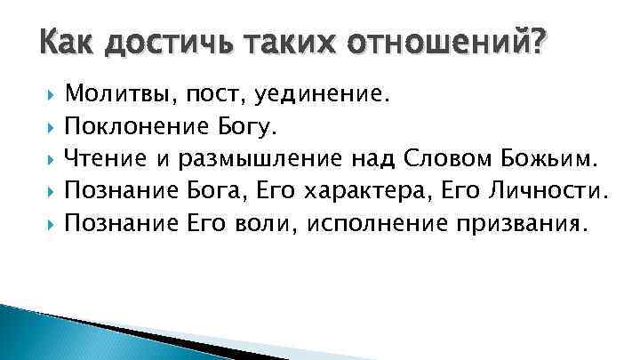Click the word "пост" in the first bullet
(x=209, y=95)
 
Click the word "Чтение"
(x=104, y=158)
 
